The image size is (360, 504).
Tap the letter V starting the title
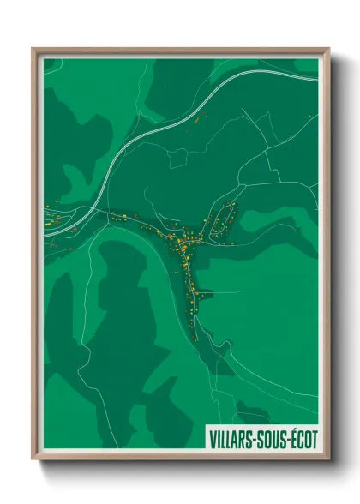(212, 439)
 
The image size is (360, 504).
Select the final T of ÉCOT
(314, 439)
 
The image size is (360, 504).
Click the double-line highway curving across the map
(137, 147)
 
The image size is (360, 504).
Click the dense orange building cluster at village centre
(183, 244)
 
